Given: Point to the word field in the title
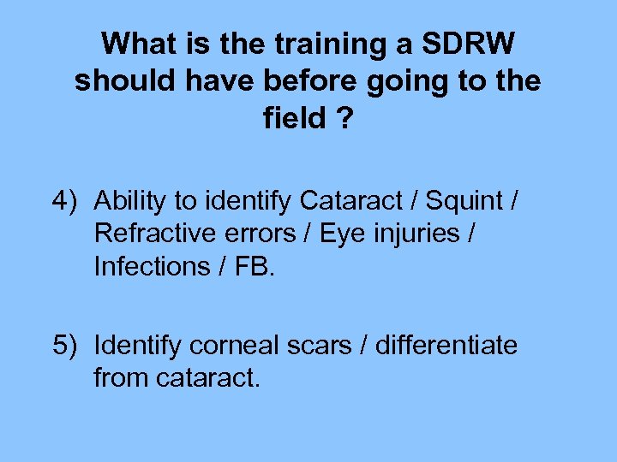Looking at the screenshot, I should pos(294,119).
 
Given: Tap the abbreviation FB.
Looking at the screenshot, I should pos(254,266).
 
